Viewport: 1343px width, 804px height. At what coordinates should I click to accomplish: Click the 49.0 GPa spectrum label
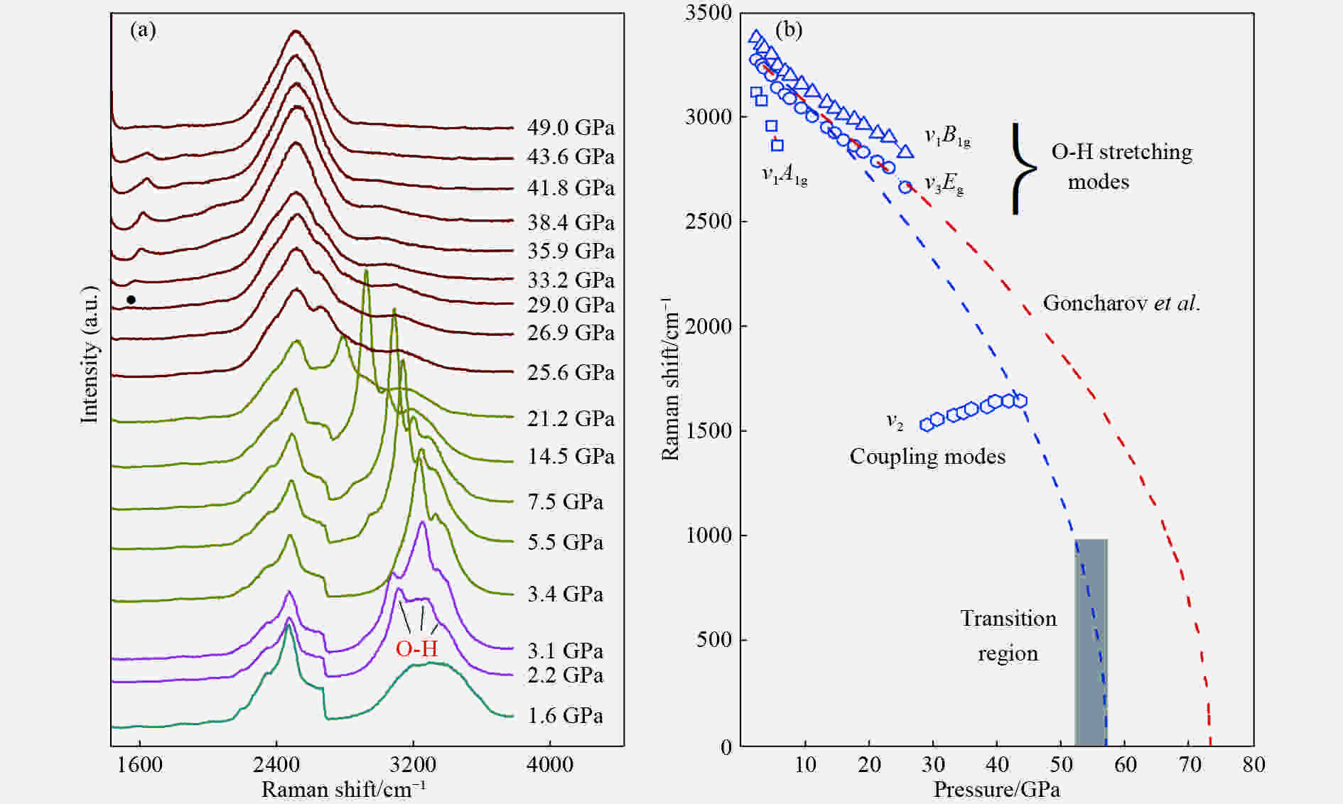click(571, 128)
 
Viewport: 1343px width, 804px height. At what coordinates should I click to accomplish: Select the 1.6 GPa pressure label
click(565, 715)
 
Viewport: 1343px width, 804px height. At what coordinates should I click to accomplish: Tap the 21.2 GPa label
click(571, 419)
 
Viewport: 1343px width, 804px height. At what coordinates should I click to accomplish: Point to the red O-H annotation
click(416, 648)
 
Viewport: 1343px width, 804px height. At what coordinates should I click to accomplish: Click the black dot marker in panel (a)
click(131, 300)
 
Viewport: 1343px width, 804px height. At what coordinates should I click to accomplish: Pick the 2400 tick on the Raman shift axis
click(276, 765)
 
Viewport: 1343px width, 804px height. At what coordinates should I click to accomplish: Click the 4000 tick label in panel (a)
click(549, 765)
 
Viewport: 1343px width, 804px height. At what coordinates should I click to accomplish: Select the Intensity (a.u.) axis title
click(89, 355)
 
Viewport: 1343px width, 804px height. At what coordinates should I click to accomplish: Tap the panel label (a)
click(143, 30)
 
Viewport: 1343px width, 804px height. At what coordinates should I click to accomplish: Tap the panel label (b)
click(789, 30)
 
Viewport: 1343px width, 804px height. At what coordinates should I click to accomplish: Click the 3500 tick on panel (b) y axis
click(708, 13)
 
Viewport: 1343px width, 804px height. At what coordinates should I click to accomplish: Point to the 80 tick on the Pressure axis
click(1253, 765)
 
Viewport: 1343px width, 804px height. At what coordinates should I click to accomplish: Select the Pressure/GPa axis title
click(996, 789)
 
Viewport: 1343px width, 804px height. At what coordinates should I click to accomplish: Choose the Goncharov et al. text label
click(1121, 303)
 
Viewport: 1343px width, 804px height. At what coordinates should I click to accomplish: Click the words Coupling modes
click(927, 456)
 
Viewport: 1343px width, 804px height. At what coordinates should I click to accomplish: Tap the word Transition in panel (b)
click(1008, 619)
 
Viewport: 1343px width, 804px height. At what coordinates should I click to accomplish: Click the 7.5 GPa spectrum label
click(565, 502)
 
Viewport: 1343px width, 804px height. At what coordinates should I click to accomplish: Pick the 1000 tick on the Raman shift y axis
click(708, 536)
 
